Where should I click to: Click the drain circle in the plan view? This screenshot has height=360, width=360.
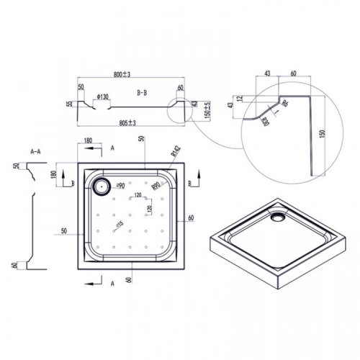point(101,186)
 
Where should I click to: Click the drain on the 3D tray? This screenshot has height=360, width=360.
point(276,215)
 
